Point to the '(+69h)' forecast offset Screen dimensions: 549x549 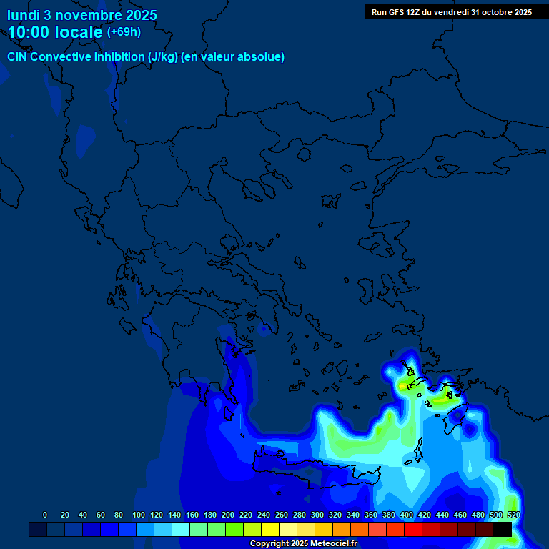[124, 32]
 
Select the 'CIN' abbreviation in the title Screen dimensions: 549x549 [18, 57]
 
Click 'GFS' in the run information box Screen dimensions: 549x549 [395, 12]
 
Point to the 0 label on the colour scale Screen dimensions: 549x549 [45, 515]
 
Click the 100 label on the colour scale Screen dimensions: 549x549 [139, 515]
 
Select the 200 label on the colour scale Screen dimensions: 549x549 [228, 515]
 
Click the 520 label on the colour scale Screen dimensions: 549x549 [513, 515]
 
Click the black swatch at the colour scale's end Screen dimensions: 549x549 [503, 529]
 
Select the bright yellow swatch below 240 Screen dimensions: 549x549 [270, 529]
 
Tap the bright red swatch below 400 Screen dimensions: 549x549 [413, 529]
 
